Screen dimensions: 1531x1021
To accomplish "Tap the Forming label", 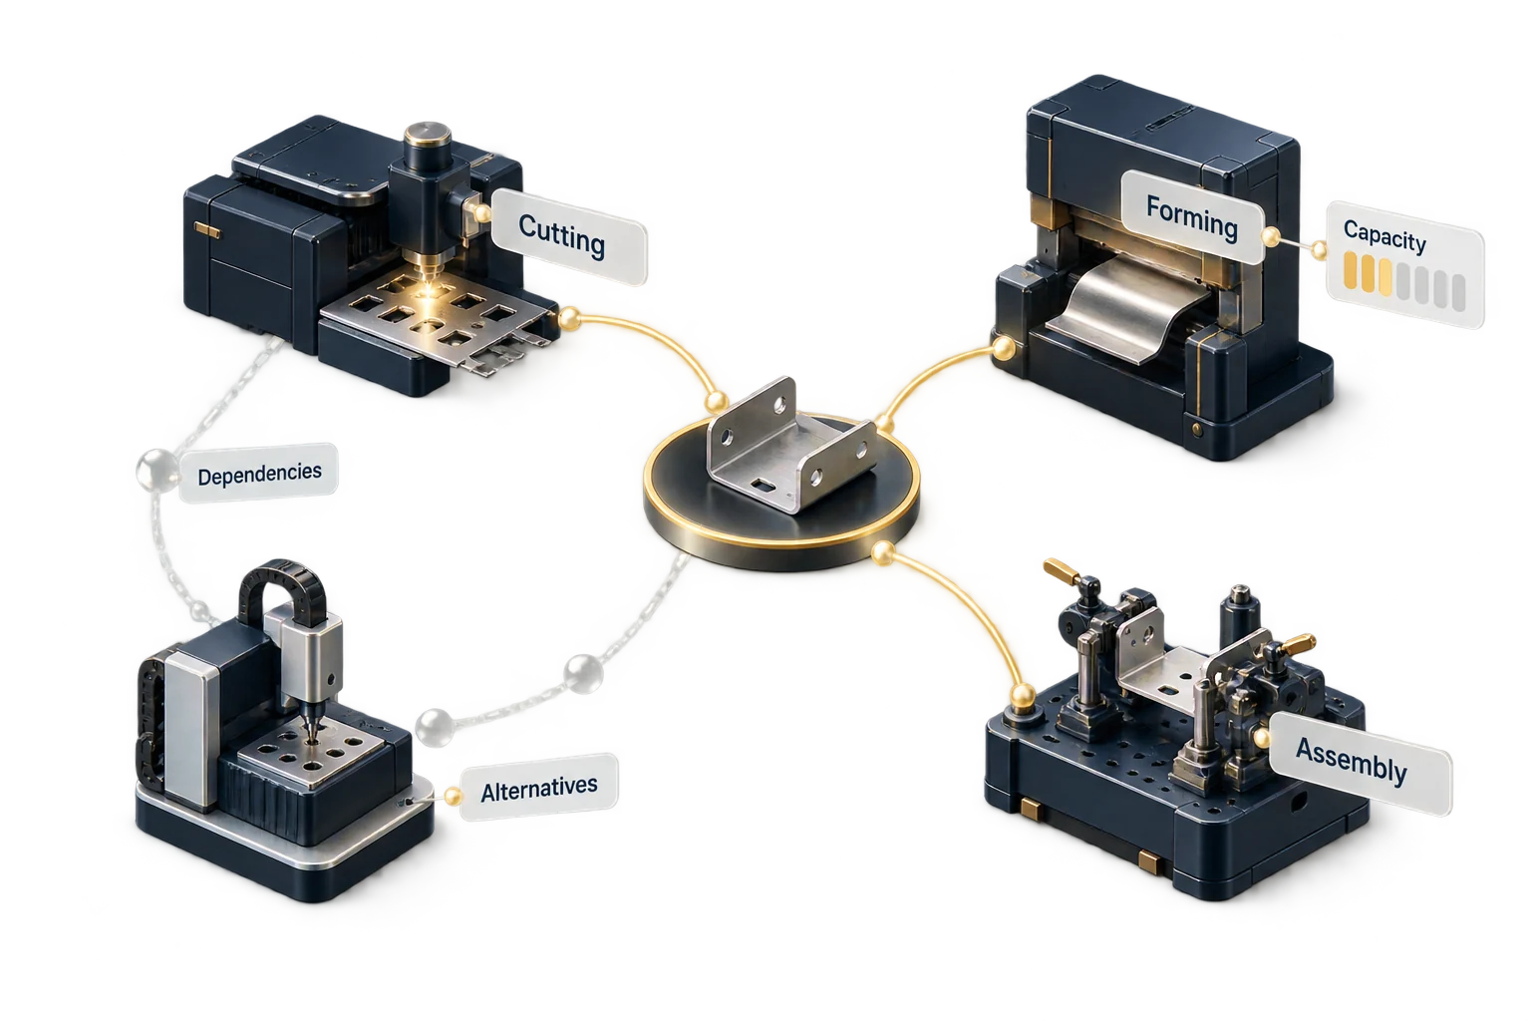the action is (x=1192, y=217).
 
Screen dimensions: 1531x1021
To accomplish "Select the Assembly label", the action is (x=1352, y=762).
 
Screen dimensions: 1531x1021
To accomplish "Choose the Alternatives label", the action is (x=538, y=788).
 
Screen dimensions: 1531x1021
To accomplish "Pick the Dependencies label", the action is (x=259, y=474).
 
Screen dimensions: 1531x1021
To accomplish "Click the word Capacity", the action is (x=1384, y=236).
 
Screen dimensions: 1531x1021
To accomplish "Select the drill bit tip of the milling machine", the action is (x=312, y=739).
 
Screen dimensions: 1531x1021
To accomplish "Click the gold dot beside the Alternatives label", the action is (x=453, y=796).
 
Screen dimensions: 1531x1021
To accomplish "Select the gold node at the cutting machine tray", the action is (x=569, y=318).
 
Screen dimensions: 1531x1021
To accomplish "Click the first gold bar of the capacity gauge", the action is (x=1351, y=270).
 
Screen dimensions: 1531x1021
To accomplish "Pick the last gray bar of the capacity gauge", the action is (x=1458, y=292).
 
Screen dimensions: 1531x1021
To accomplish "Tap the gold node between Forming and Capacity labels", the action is (x=1271, y=236).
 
